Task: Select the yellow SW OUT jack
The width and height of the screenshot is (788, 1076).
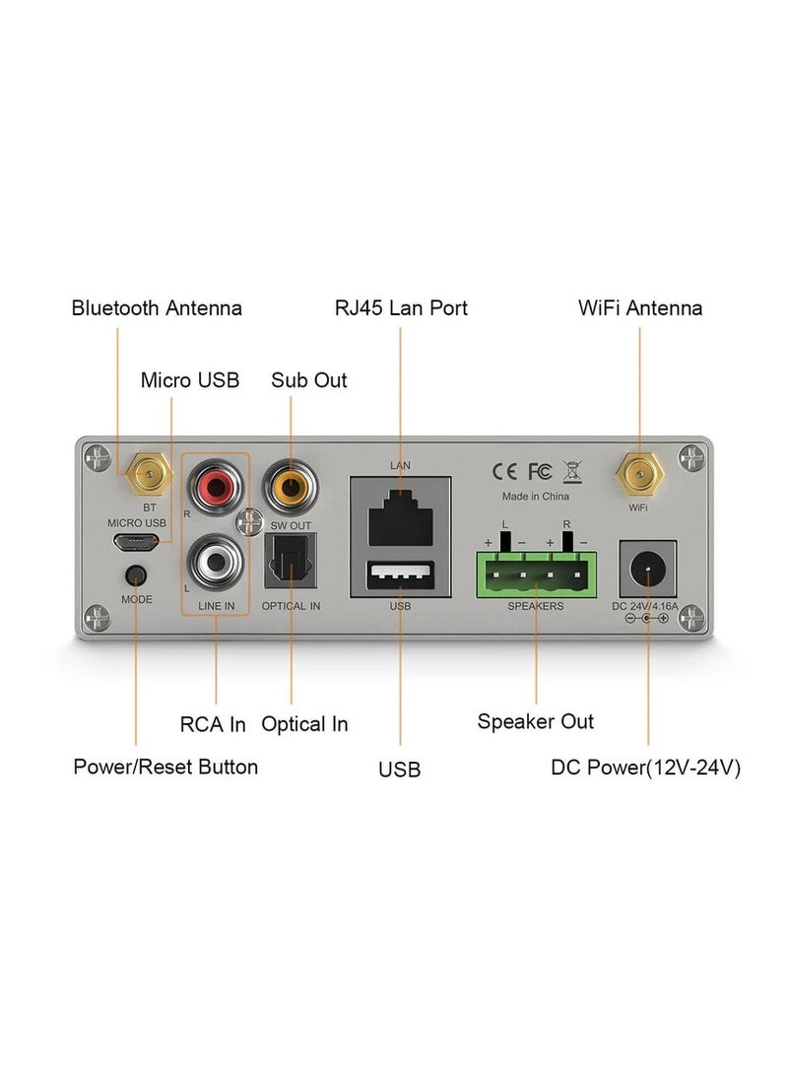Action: (291, 484)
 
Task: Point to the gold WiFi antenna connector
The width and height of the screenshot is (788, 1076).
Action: (638, 478)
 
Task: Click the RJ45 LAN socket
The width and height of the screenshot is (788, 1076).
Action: (400, 508)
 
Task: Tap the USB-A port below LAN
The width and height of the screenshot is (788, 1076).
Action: (400, 574)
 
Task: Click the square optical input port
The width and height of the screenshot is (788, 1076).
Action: (291, 567)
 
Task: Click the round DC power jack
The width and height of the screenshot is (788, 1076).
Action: (647, 569)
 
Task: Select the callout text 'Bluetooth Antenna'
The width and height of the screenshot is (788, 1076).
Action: (157, 308)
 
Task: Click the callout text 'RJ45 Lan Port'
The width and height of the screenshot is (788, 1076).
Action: (401, 308)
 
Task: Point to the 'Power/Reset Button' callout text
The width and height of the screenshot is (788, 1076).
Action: (165, 767)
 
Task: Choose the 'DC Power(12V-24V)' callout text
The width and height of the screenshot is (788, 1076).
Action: (645, 768)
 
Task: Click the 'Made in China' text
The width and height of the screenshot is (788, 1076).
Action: (536, 497)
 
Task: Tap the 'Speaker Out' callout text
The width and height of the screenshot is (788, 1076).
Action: (536, 721)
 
